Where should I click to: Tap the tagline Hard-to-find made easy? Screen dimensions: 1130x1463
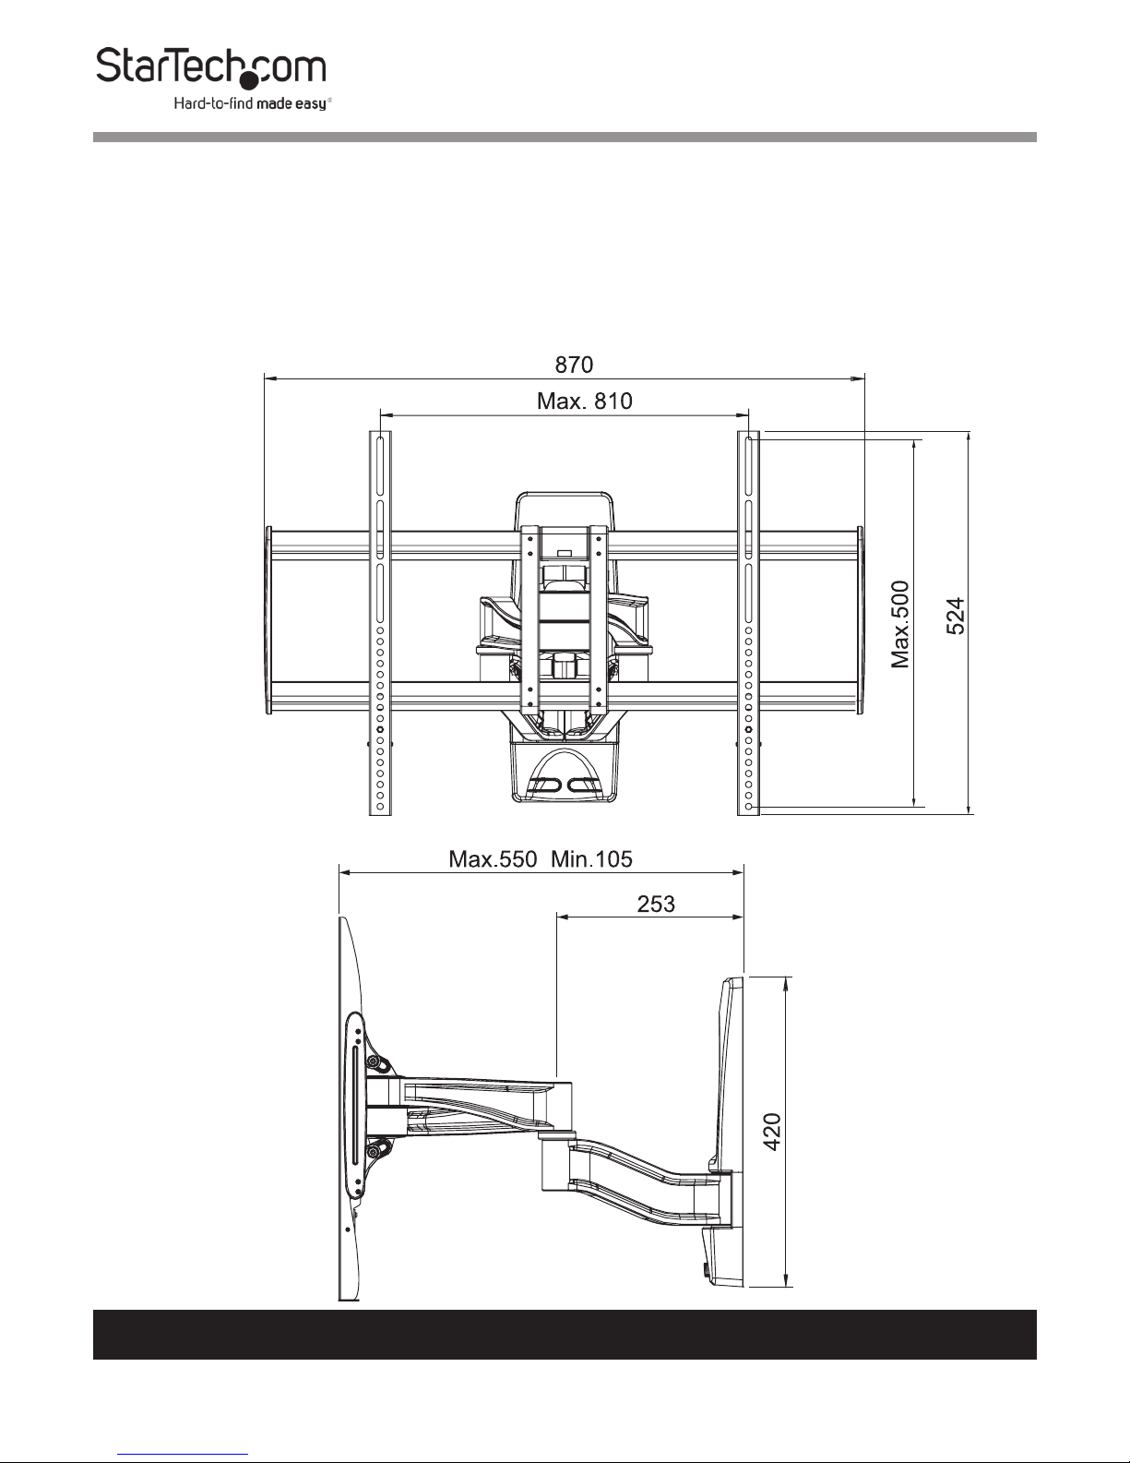click(x=253, y=103)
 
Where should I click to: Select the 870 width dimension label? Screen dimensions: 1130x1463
click(x=574, y=365)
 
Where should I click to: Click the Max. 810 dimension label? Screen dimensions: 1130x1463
click(x=585, y=402)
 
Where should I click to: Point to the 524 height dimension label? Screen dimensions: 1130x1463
click(x=956, y=616)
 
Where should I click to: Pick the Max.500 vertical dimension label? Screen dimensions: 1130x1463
click(x=900, y=625)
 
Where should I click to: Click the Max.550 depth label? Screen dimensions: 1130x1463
click(x=493, y=859)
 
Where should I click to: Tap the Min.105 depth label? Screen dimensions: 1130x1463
click(x=592, y=859)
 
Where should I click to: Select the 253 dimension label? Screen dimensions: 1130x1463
click(x=656, y=904)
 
